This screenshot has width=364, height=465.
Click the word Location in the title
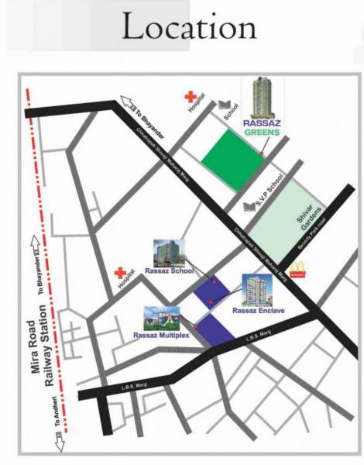point(190,29)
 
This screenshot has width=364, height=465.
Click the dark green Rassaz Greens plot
point(232,158)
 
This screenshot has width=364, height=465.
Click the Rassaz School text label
point(169,271)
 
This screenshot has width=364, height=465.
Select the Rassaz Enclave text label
point(256,309)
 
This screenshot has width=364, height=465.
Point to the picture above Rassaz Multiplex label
point(161,315)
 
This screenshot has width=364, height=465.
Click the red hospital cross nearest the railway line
point(120,274)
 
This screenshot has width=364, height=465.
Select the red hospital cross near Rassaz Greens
point(187,98)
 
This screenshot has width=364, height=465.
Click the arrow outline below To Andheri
point(57,444)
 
